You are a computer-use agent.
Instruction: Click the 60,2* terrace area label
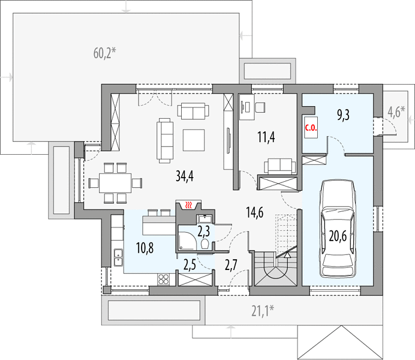104,53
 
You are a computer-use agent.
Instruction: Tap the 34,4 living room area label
185,176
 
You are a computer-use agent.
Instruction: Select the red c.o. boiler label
311,128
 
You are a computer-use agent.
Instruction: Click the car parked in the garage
338,229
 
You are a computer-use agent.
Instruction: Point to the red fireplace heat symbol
188,205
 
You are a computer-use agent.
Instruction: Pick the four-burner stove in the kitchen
163,279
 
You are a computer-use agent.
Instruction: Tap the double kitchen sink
118,257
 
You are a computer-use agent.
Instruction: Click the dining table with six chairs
115,183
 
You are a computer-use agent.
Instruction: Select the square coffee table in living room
194,140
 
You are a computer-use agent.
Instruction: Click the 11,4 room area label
266,137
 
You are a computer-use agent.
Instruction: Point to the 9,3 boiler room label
343,115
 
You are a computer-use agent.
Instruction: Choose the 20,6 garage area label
338,236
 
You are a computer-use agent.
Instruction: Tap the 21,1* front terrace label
263,311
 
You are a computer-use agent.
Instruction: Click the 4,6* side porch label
396,112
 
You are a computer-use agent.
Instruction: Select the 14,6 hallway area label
255,212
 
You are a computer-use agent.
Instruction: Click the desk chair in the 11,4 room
260,107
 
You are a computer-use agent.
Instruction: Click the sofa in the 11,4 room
279,166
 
